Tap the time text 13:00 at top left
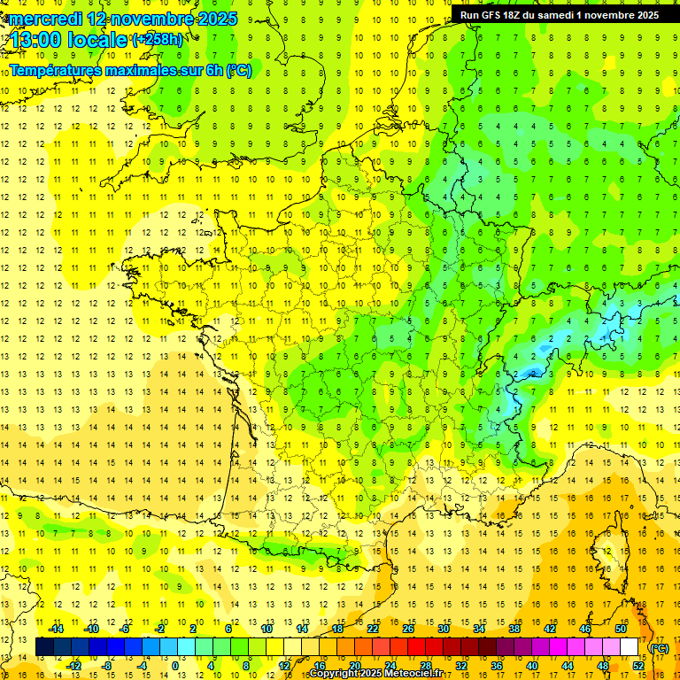tap(36, 40)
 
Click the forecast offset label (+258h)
tap(158, 40)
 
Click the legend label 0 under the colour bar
tap(175, 666)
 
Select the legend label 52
tap(637, 666)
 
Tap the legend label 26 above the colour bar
tap(407, 629)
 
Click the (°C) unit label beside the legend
tap(659, 647)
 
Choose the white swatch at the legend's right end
tap(629, 647)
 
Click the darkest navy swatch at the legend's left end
tap(44, 647)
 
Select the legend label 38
tap(514, 629)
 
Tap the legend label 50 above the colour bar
tap(620, 629)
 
